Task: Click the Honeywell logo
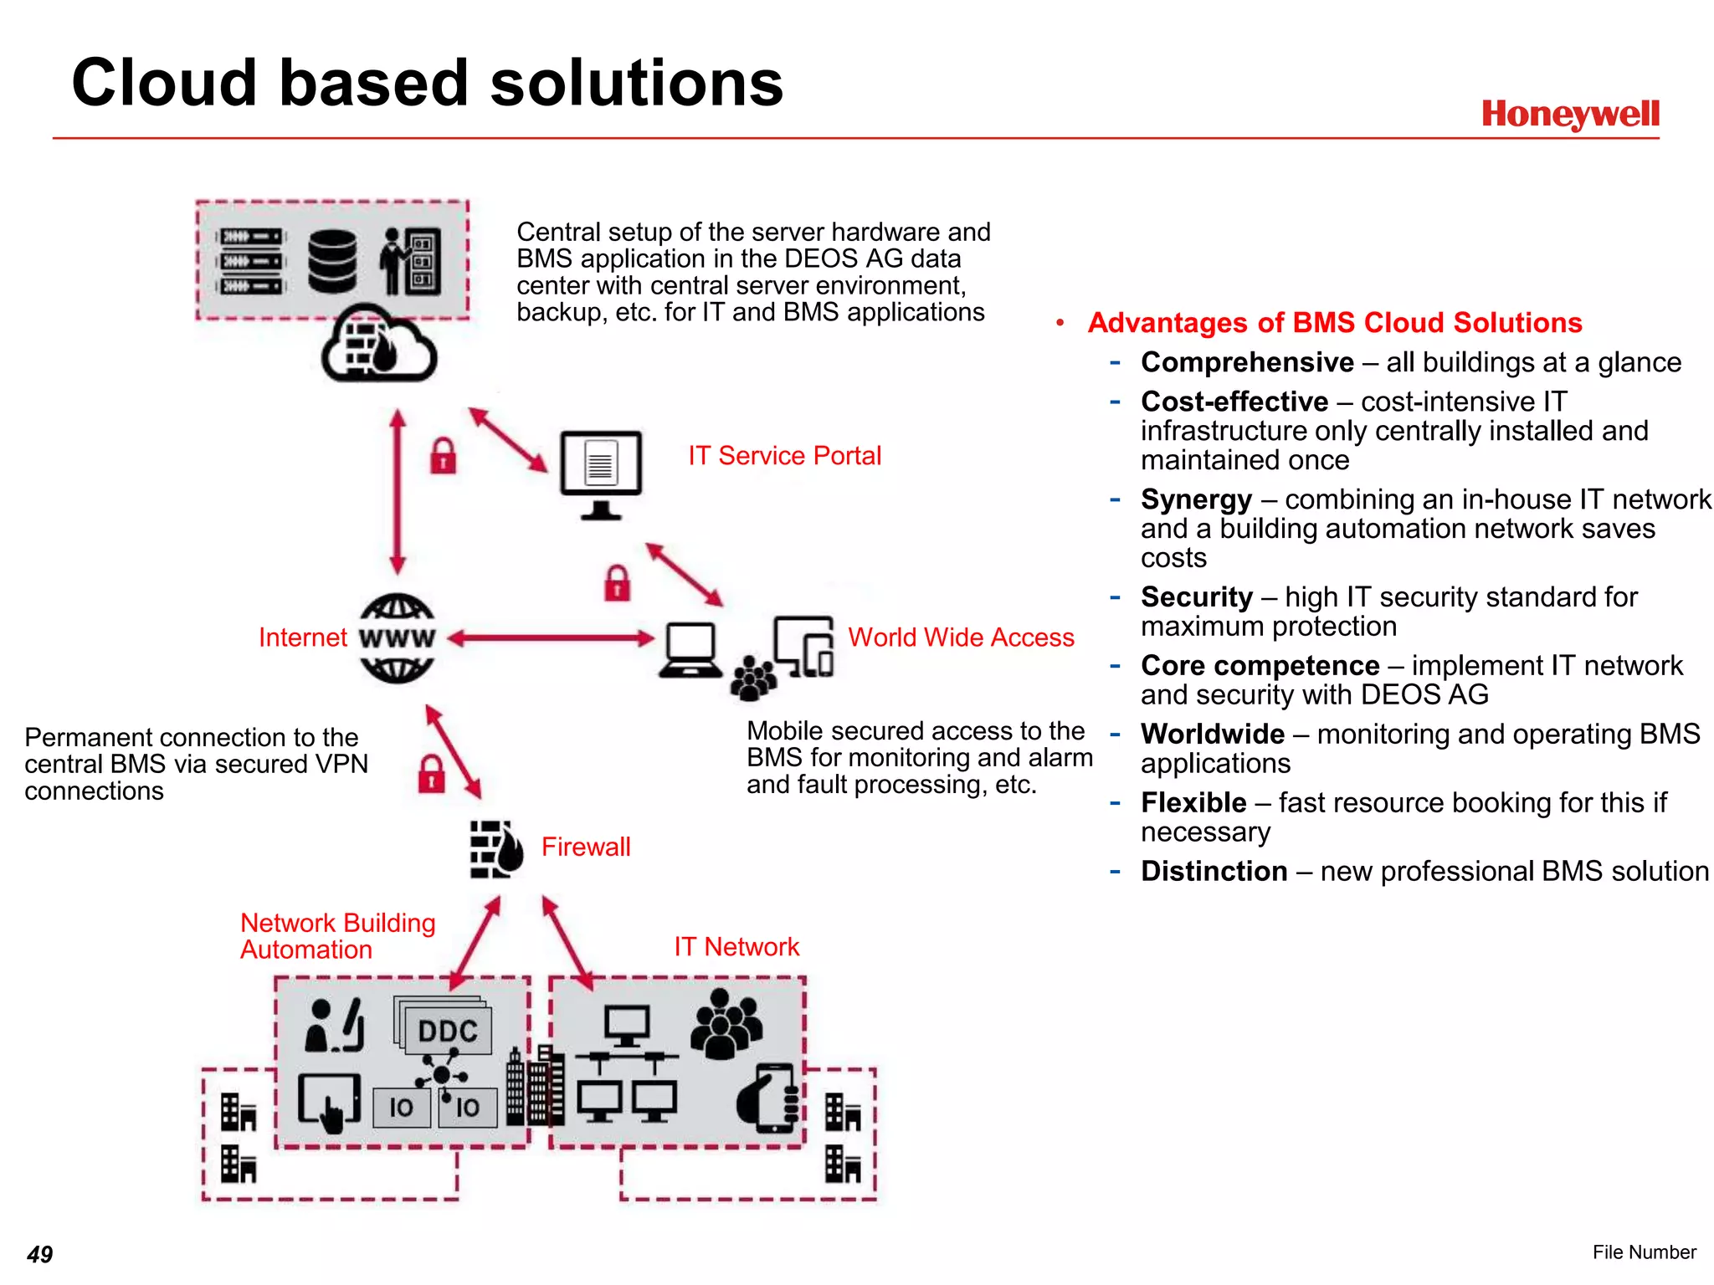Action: click(1569, 114)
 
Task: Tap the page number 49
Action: click(39, 1254)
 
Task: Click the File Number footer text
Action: click(1644, 1252)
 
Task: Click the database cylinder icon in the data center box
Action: click(332, 261)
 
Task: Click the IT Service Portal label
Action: click(784, 456)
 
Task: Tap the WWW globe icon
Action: click(397, 638)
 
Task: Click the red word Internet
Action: click(302, 637)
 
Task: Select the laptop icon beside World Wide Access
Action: click(691, 650)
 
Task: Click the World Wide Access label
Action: click(961, 637)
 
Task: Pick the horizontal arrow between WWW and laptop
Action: click(551, 638)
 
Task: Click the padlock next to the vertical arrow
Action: click(443, 457)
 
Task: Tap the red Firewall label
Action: click(586, 847)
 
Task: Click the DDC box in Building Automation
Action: click(446, 1030)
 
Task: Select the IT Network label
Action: click(736, 946)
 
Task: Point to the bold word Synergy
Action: click(1196, 499)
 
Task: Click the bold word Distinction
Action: click(1214, 871)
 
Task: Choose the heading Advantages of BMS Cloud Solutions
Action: click(1334, 323)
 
